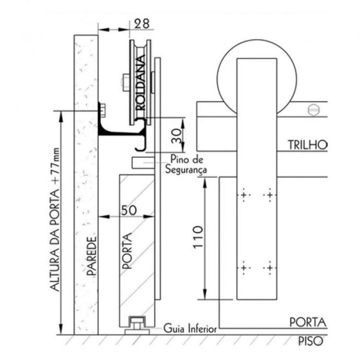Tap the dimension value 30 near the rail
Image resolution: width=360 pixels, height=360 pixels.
pos(179,135)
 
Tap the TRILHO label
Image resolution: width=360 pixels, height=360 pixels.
pos(309,145)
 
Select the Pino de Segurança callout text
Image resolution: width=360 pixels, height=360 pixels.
pos(186,164)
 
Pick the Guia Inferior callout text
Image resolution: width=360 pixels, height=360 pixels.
pos(190,329)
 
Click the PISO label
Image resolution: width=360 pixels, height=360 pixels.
pos(310,342)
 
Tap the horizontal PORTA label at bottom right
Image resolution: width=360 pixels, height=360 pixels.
pos(307,322)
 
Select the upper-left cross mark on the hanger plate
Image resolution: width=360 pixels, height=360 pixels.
pos(243,195)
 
